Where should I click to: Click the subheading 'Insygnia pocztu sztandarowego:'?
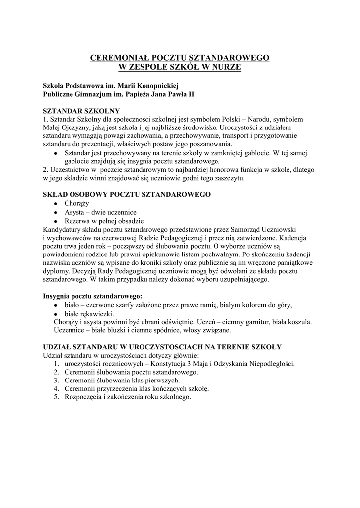92,296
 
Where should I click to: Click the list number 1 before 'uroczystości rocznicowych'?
56,364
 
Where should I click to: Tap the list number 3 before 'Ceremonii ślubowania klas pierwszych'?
56,381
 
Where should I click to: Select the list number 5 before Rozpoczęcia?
56,397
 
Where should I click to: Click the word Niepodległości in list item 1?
271,364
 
